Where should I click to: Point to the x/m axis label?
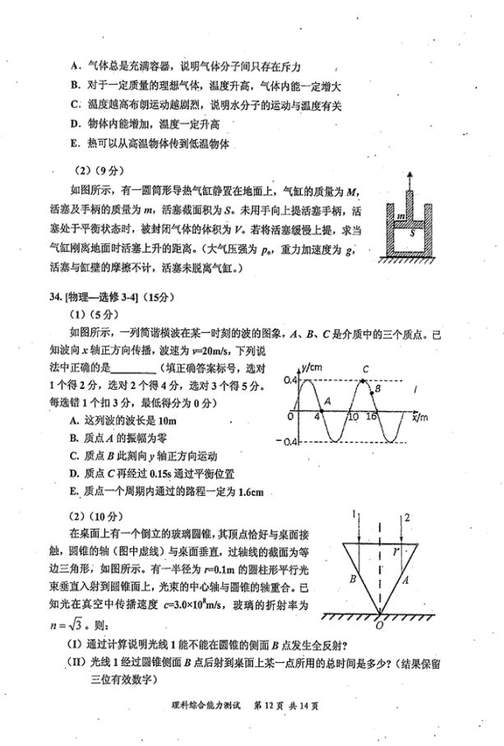pos(420,417)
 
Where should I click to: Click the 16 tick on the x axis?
pos(371,417)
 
